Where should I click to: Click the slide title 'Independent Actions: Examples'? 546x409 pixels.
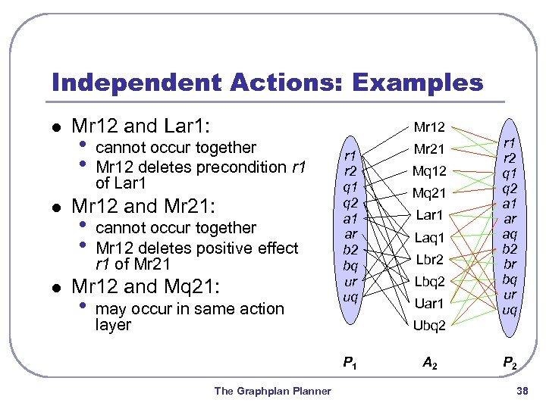(x=267, y=82)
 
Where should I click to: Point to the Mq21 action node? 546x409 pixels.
(x=429, y=193)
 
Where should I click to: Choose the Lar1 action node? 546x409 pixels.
(x=429, y=215)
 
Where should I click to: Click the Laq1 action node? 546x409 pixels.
(x=429, y=238)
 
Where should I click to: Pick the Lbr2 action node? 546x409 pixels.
(x=429, y=260)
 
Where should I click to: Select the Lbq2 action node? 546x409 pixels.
(x=429, y=282)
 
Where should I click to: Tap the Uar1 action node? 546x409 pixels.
(x=429, y=304)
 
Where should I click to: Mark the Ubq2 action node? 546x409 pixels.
(x=429, y=326)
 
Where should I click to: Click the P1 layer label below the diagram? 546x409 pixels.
(x=350, y=364)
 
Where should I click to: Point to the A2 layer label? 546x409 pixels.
(x=429, y=364)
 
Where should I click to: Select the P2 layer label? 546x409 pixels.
(x=510, y=364)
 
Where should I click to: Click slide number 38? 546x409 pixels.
(x=521, y=391)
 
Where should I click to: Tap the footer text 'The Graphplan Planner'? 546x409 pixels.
(x=272, y=391)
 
